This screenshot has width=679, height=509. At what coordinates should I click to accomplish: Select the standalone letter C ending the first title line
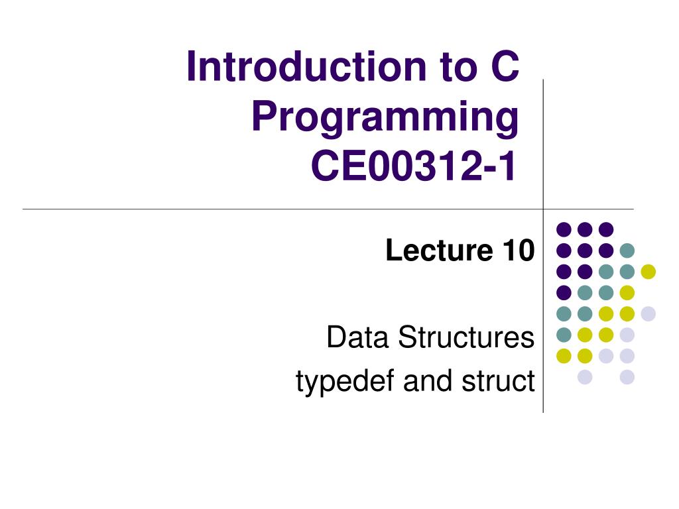pos(505,66)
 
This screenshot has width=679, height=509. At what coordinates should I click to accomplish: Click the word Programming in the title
pos(385,117)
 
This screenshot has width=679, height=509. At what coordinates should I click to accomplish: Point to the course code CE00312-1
pos(413,166)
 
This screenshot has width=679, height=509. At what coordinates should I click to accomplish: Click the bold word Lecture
pos(439,250)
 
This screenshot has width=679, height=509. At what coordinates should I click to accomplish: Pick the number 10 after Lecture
pos(519,250)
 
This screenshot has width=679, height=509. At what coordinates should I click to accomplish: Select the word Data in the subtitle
pos(357,337)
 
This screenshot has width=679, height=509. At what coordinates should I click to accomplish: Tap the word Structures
pos(466,337)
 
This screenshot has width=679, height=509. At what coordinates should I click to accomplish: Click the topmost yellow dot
pos(648,272)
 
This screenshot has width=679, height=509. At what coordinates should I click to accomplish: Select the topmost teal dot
pos(627,251)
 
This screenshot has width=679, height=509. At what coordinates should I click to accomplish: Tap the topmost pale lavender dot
pos(648,313)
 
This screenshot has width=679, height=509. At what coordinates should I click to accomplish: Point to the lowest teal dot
pos(564,335)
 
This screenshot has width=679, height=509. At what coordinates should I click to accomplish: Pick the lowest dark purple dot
pos(564,292)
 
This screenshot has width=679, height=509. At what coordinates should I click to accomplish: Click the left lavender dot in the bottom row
pos(585,377)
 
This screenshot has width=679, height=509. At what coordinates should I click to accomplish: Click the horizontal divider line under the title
pos(328,209)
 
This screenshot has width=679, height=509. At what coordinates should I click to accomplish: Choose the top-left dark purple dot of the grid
pos(564,229)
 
